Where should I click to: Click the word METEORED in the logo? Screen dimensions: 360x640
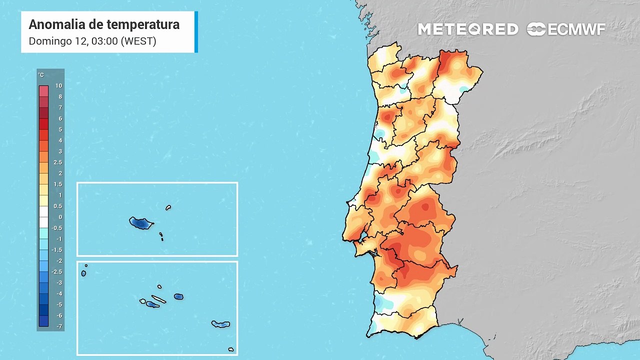point(468,29)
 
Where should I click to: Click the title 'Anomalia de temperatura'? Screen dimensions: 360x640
point(104,24)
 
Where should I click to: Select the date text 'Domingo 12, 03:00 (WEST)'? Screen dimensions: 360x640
point(92,41)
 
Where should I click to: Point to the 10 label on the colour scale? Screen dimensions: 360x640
point(59,86)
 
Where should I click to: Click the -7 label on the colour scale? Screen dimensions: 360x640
point(59,326)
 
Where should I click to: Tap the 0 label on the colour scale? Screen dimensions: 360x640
point(60,217)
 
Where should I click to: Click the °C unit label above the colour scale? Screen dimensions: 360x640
point(41,75)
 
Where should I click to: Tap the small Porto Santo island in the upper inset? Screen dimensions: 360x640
point(168,207)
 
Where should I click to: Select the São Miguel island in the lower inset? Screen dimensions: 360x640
point(220,324)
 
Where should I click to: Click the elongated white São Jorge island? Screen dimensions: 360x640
point(158,300)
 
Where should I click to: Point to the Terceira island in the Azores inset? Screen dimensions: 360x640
point(178,296)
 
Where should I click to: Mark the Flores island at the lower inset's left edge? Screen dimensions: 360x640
point(83,273)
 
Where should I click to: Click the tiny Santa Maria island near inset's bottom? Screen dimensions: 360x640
point(231,349)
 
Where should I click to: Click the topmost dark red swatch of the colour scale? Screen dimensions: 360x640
point(43,91)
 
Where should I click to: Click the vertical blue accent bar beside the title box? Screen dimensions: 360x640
point(196,32)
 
